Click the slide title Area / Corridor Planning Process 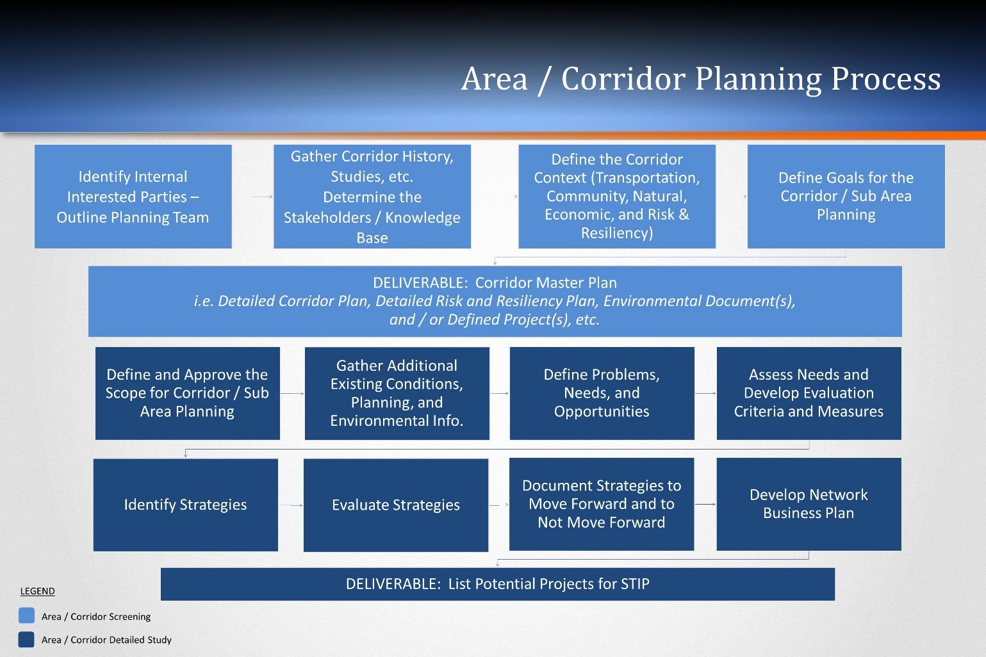(700, 79)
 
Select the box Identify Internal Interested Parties (133, 197)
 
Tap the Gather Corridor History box (372, 197)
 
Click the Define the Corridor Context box (616, 197)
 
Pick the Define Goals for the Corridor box (846, 197)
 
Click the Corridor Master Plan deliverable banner (495, 301)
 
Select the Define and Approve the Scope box (187, 393)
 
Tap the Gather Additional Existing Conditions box (397, 393)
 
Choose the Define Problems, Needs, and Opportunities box (602, 393)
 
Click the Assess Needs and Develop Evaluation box (809, 393)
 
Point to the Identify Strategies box (185, 505)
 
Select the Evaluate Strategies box (395, 505)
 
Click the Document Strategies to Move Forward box (601, 504)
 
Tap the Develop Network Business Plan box (809, 504)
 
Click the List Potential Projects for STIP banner (497, 584)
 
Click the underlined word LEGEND (37, 591)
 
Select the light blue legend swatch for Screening (27, 616)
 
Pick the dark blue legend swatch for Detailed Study (27, 639)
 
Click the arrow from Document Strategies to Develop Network (705, 505)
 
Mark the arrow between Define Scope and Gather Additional (292, 393)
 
